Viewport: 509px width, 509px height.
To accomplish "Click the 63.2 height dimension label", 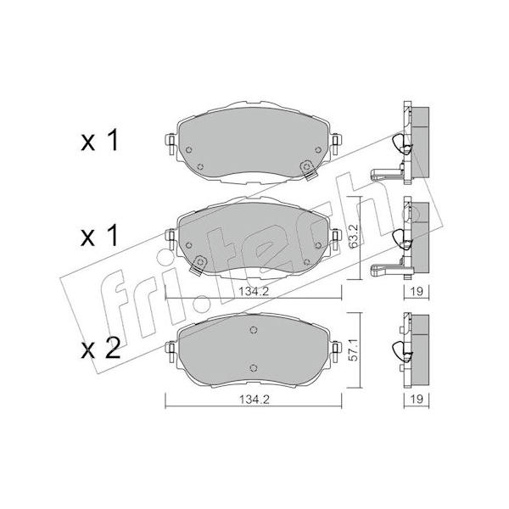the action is (x=354, y=236).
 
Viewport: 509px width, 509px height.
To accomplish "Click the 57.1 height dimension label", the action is (x=354, y=350).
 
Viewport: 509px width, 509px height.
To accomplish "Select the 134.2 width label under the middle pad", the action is (x=255, y=292).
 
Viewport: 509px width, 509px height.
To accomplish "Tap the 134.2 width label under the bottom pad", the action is (x=255, y=400).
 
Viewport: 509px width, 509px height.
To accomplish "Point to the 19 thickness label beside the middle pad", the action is (x=417, y=291).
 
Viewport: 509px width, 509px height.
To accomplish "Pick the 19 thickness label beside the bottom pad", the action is (x=417, y=399).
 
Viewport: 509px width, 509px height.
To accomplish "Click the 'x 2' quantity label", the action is (x=100, y=348).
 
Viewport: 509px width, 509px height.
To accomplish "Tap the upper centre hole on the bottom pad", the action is (x=254, y=330).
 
